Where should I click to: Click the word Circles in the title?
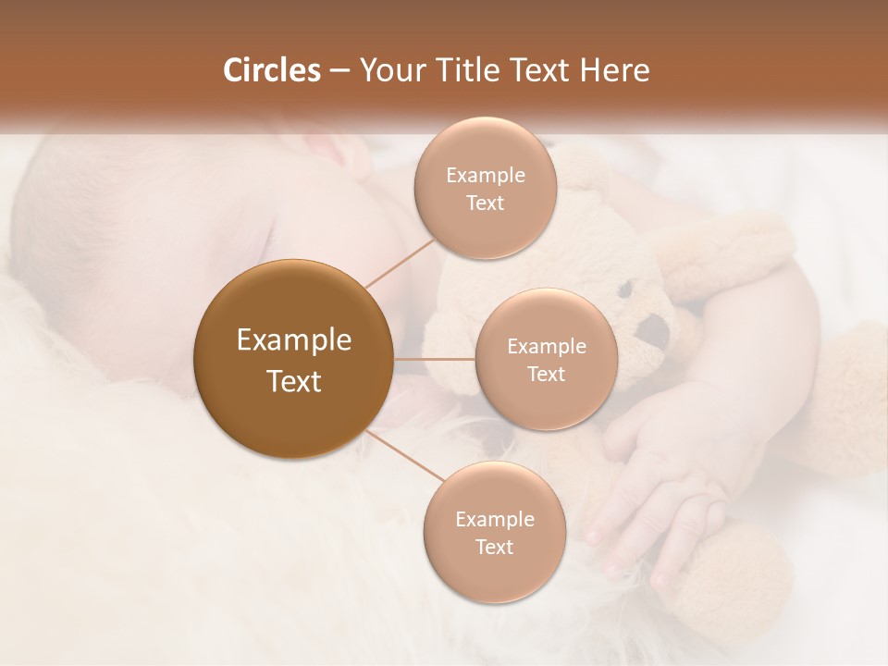[271, 70]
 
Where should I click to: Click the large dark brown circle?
[293, 359]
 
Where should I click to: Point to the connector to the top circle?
[400, 262]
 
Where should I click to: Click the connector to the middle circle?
[435, 359]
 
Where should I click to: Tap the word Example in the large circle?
[294, 340]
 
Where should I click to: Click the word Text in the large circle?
[294, 381]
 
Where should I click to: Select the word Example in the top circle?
[486, 176]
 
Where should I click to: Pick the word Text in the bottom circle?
[494, 547]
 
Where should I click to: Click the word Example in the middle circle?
[547, 347]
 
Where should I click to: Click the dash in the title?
[339, 70]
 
